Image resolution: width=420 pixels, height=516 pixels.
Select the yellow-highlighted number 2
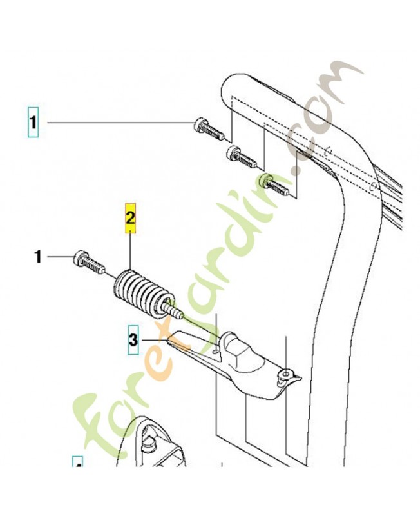click(x=131, y=219)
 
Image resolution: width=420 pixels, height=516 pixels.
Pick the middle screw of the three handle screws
click(x=239, y=155)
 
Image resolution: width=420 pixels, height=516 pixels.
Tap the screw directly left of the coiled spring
click(x=88, y=261)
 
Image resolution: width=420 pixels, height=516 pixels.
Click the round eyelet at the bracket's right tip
click(x=285, y=373)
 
